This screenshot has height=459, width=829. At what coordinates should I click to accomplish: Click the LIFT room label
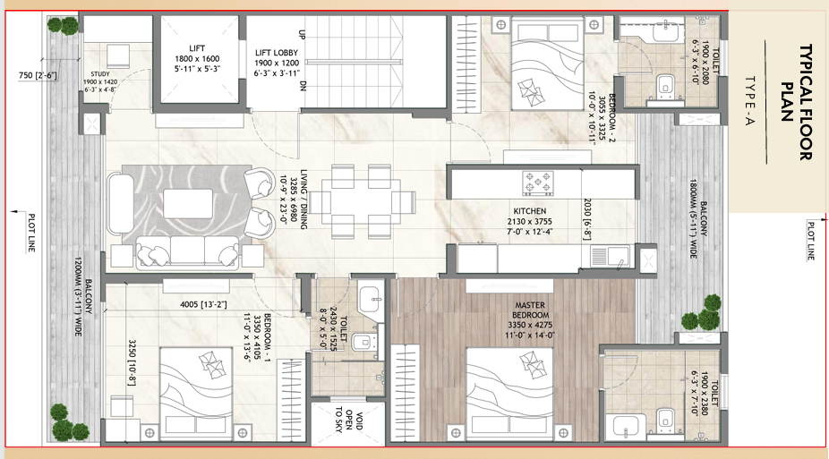pos(197,48)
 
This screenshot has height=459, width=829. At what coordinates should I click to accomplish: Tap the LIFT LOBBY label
pos(277,53)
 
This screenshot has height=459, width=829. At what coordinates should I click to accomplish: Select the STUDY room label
pos(100,74)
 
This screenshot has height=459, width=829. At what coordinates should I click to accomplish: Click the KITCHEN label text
pos(529,211)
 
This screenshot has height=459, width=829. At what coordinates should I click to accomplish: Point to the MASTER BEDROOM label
pos(530,310)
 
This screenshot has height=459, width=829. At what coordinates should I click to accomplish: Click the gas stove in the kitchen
pos(538,183)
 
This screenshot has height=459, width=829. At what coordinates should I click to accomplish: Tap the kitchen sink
pos(610,256)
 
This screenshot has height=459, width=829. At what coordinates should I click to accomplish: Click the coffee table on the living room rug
pos(188,203)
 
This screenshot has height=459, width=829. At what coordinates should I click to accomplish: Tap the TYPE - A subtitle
pos(750,101)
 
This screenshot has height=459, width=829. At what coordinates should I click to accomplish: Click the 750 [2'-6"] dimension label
pos(38,75)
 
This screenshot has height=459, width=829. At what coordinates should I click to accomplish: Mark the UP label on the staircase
pos(303,34)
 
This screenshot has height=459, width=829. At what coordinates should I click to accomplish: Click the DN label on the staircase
pos(303,85)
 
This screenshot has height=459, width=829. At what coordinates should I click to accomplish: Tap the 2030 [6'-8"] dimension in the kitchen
pos(587,219)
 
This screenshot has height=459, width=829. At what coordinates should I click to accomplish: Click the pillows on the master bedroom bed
pos(532,363)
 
